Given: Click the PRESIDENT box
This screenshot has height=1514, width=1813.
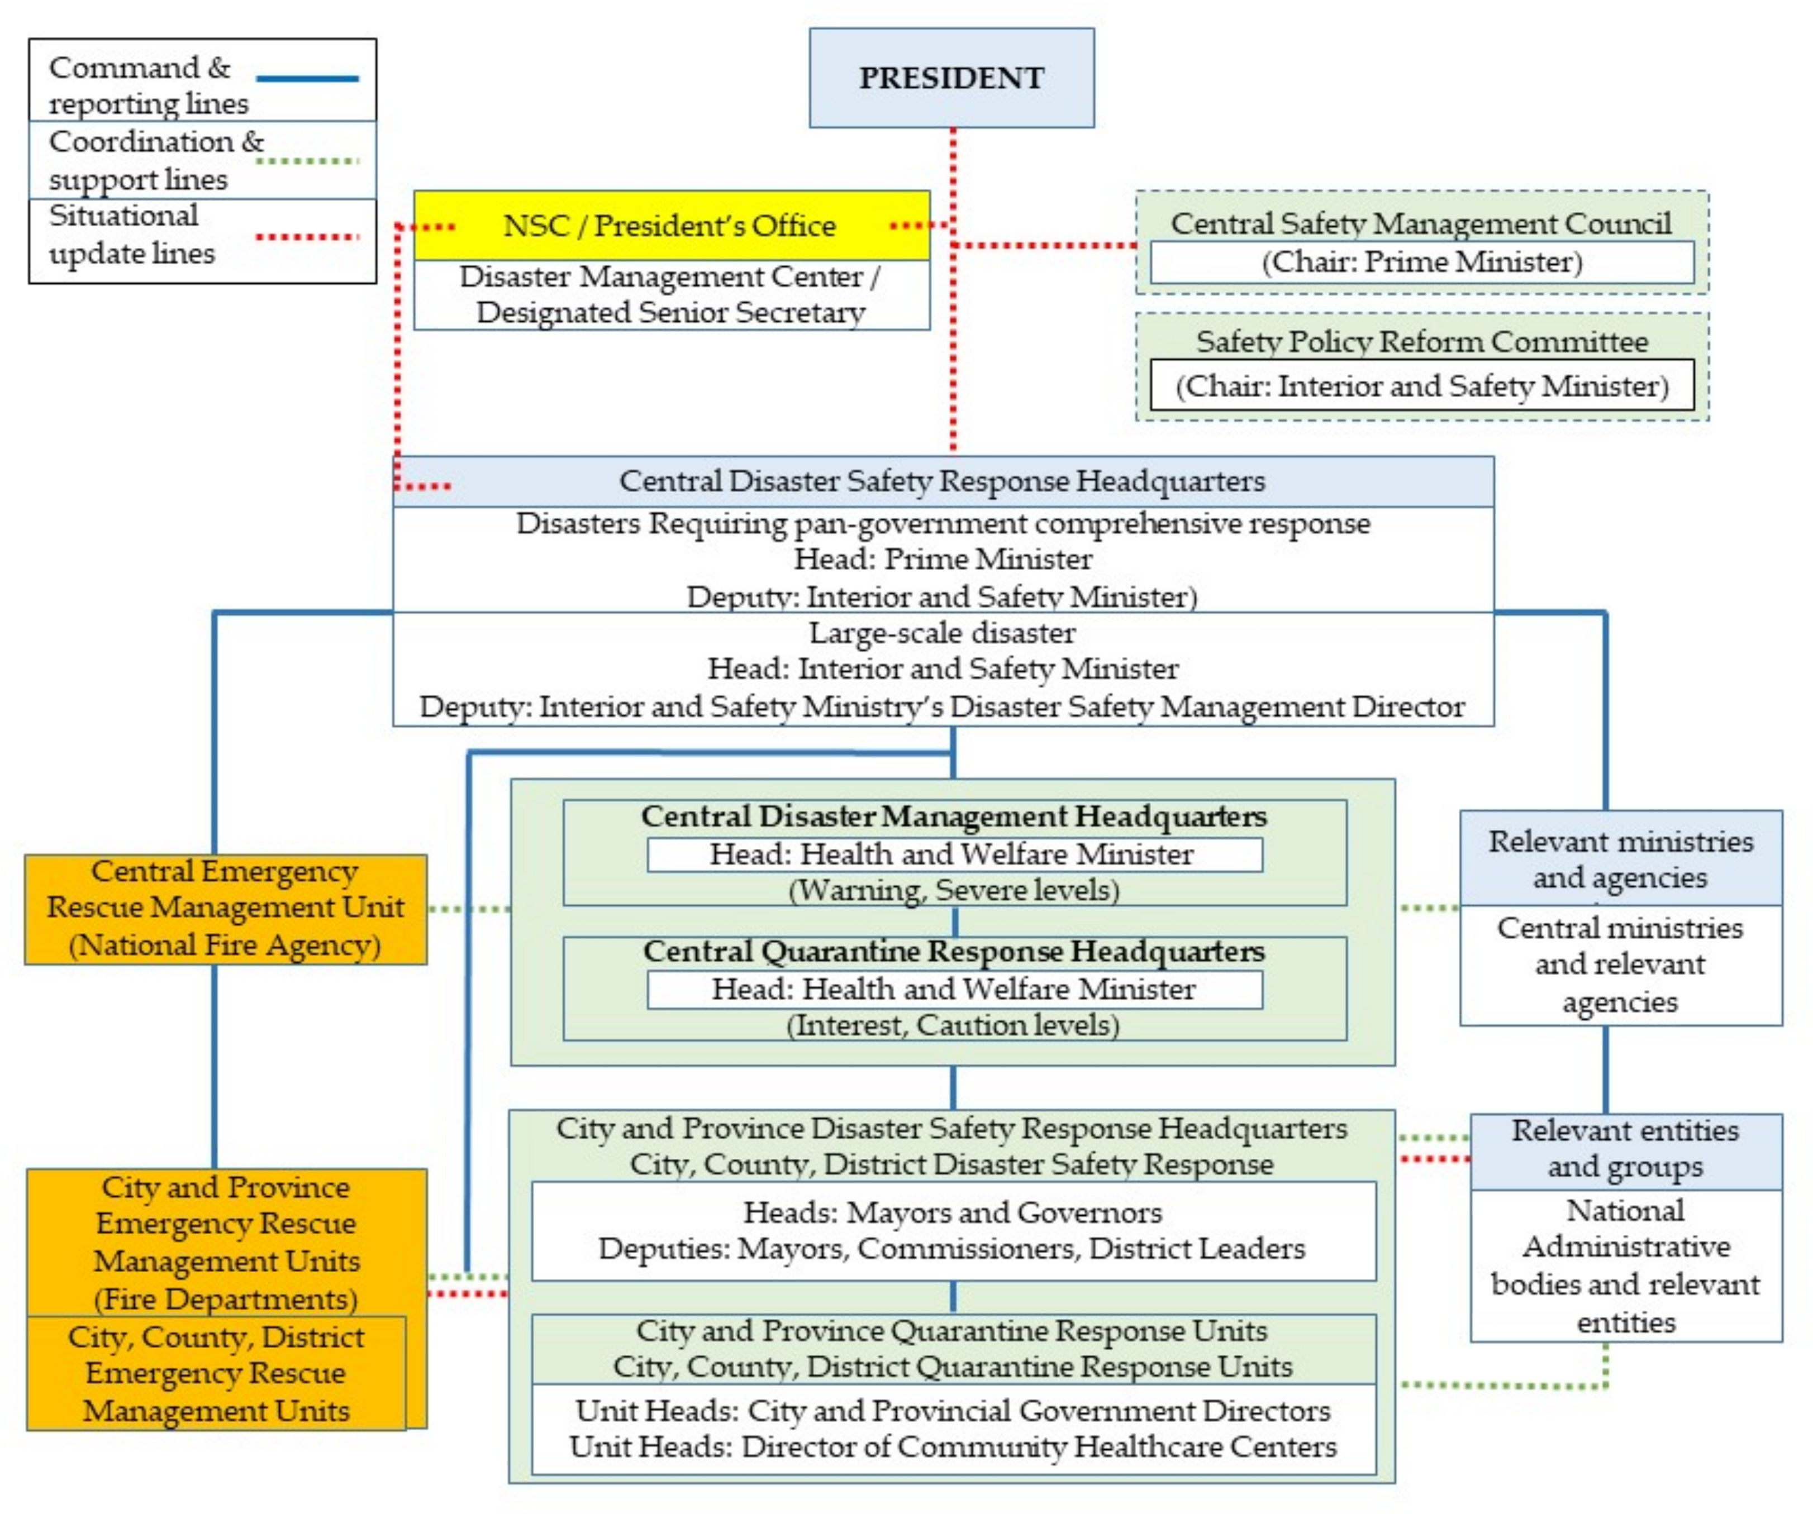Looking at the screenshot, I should tap(951, 78).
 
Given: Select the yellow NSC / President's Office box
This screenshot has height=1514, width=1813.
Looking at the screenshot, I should tap(671, 225).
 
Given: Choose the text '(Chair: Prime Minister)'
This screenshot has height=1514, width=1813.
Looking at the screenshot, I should tap(1422, 261).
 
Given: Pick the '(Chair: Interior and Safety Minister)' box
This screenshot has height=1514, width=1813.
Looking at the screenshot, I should tap(1422, 385).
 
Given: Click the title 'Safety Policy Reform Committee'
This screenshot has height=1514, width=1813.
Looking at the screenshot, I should tap(1422, 341).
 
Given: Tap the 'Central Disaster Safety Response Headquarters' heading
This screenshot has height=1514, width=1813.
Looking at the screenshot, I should tap(942, 481).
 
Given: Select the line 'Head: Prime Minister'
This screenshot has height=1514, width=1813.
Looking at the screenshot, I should tap(943, 558).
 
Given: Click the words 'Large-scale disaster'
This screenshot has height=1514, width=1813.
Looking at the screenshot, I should tap(942, 633).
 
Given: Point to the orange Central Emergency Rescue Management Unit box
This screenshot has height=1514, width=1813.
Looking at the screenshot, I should tap(225, 908).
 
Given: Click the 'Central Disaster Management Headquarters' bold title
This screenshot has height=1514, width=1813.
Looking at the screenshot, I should tap(953, 816).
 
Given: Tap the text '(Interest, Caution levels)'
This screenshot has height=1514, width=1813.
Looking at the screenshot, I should tap(953, 1025).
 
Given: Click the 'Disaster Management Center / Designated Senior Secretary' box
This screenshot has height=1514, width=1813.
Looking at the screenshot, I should tap(671, 294).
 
